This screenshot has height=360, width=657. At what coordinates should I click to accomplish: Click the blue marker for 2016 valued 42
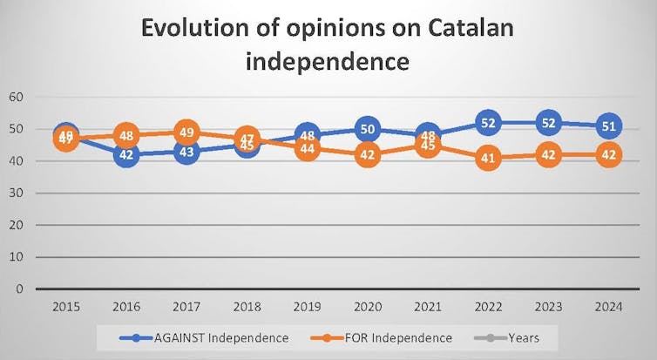126,155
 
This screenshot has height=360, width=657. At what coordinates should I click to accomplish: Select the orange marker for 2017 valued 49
186,132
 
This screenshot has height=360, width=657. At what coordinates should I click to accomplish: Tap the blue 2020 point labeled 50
368,130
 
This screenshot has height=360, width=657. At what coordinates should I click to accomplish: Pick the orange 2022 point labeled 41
489,159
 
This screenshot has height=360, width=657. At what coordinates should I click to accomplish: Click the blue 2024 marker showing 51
609,126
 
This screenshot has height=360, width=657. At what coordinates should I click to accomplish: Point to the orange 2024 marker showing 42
609,155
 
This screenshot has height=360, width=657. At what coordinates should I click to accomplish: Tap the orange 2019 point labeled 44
308,149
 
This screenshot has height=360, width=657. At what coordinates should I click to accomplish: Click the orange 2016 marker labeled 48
126,136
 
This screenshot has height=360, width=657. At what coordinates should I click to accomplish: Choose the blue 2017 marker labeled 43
186,152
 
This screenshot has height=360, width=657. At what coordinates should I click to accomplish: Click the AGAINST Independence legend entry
207,337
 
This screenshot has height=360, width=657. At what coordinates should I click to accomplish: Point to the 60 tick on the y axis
17,97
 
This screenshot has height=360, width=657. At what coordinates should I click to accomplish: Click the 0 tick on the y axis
20,289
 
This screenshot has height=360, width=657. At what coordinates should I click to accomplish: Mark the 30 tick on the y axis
17,194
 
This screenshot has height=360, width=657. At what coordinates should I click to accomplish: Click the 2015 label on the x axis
66,306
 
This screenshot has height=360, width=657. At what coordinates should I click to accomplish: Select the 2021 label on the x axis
428,306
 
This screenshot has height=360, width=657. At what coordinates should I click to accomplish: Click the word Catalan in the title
458,28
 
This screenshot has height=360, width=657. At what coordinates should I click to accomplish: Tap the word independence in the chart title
328,62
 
